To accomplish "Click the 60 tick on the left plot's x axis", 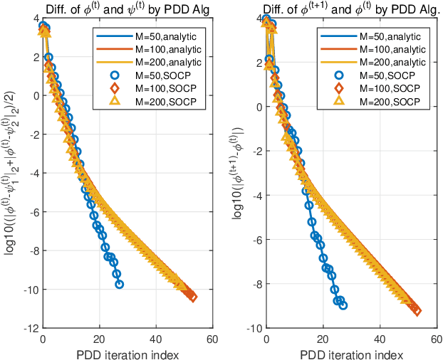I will [217, 338].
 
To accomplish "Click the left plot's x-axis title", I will [129, 352].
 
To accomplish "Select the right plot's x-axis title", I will [352, 352].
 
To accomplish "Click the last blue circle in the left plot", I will [119, 284].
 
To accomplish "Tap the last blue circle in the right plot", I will [343, 305].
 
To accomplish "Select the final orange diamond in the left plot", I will [192, 297].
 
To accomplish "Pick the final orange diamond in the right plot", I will [417, 310].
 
